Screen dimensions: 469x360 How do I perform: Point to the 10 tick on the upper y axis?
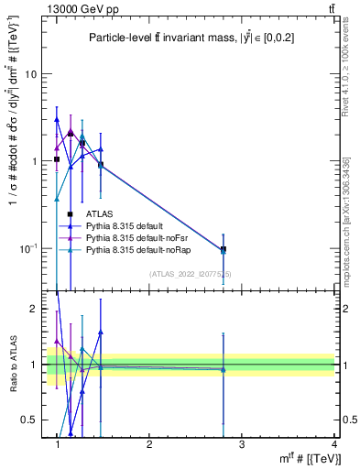[x=32, y=74]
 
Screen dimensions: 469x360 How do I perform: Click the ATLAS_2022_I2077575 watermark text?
[x=191, y=274]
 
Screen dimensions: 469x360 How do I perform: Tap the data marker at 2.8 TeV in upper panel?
[x=223, y=249]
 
